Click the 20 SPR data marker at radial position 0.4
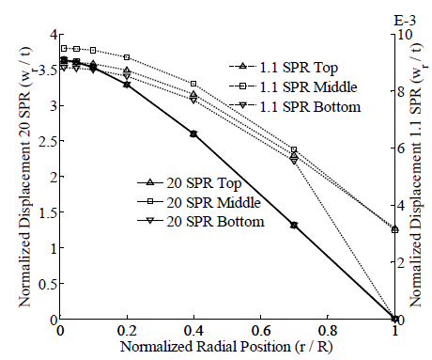click(193, 134)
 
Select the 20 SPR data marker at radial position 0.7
click(294, 226)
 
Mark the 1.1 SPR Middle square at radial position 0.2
click(127, 57)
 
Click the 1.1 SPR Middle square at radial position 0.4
click(193, 84)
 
